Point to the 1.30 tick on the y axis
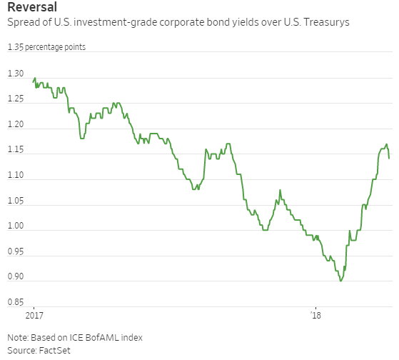[16, 74]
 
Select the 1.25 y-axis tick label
[16, 99]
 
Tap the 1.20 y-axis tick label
[16, 125]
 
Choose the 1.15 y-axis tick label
[16, 150]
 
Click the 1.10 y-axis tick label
[16, 176]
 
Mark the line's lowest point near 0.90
[340, 281]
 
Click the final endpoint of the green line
[389, 158]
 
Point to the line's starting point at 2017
[33, 83]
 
